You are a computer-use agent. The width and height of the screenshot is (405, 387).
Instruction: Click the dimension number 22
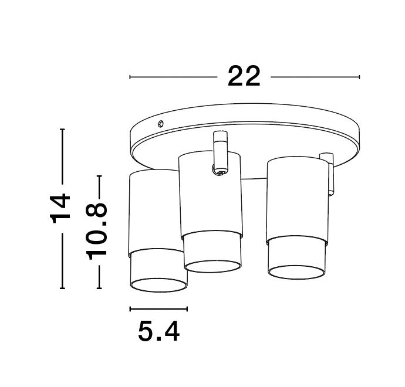pos(244,76)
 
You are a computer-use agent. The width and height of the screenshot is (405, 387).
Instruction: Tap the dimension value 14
pos(61,209)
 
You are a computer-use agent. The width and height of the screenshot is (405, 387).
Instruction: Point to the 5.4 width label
pos(158,332)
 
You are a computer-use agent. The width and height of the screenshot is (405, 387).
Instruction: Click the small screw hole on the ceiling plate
pos(161,123)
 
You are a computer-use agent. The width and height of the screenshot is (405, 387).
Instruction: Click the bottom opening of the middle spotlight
pos(212,266)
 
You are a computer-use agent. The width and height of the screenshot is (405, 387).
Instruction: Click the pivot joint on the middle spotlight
pos(219,171)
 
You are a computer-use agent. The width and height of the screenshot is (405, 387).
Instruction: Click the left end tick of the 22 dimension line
pos(130,77)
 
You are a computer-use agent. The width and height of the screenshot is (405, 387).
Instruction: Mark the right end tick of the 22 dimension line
pos(359,77)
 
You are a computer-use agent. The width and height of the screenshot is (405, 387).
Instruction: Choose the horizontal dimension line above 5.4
pos(158,308)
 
